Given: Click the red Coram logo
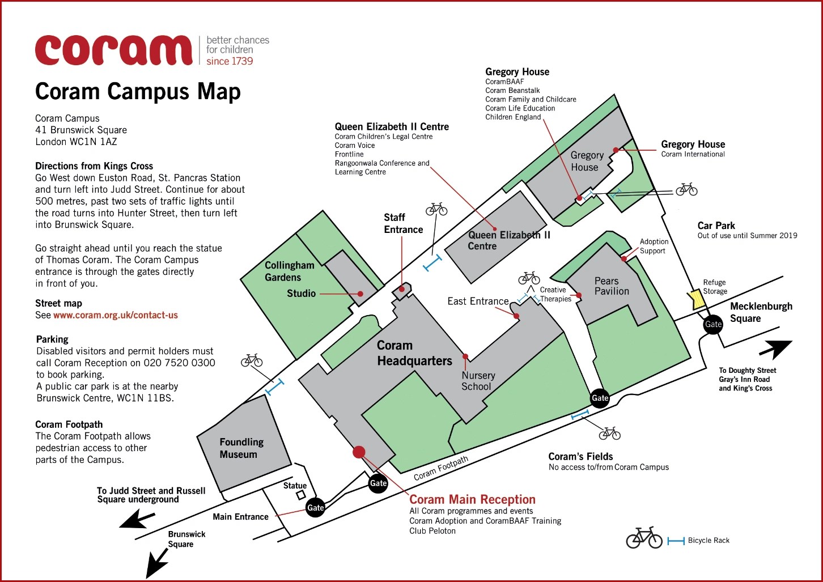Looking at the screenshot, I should pos(113,50).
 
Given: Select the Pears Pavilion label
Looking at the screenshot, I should pos(611,286).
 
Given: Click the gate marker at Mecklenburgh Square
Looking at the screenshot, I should pos(712,324).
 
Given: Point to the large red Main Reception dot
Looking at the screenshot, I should pos(358,452).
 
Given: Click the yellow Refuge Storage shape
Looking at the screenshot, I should pos(696,299).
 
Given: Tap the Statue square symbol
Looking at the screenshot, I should pos(300,495).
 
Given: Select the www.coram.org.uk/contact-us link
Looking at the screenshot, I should pos(116,315).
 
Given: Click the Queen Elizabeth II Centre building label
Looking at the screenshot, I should pos(508,240).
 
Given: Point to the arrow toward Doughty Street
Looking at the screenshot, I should pos(775,349).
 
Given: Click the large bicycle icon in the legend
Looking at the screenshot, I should pos(644,538).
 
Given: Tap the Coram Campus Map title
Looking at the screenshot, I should pos(138,92).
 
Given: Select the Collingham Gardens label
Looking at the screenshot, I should pos(289,271).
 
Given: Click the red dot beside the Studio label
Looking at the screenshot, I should pos(360,294).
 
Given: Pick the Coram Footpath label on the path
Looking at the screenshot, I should pos(441,468).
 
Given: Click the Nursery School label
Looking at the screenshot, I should pos(477,381).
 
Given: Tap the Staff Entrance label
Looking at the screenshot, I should pos(403,223).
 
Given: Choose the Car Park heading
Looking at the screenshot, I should pos(716,226).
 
